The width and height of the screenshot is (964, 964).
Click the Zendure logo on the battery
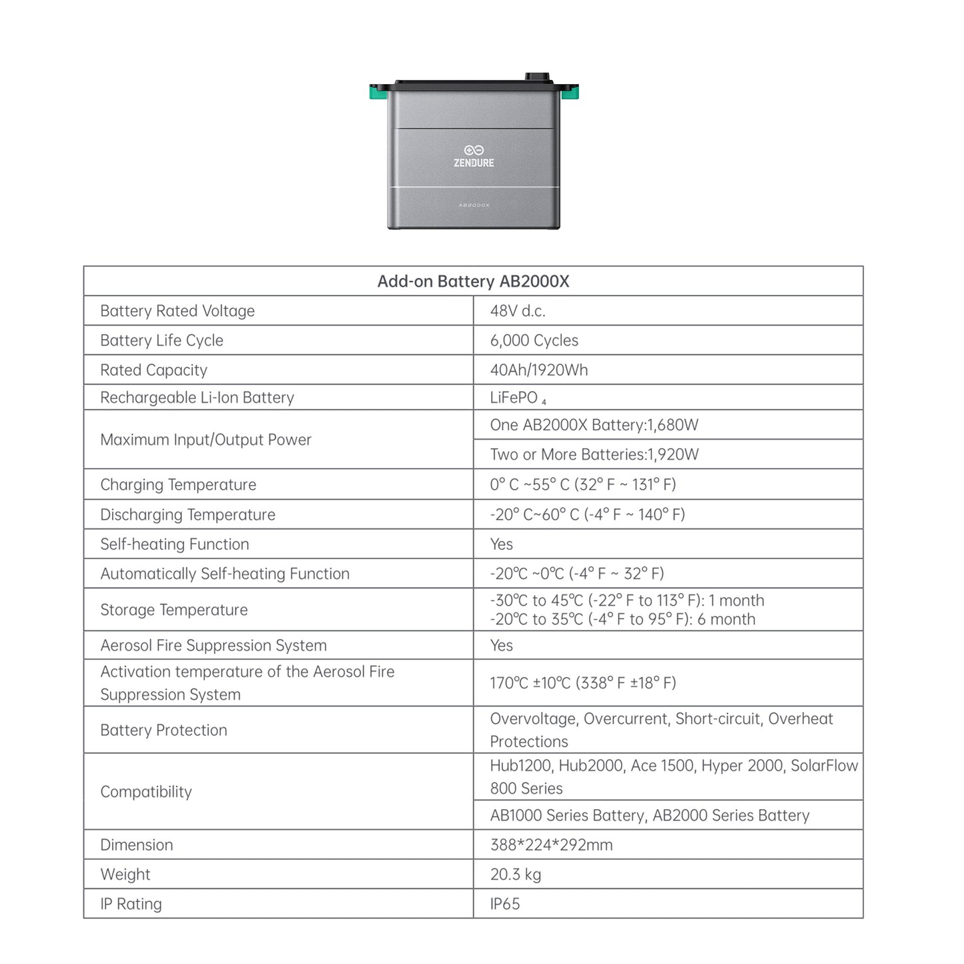tap(474, 156)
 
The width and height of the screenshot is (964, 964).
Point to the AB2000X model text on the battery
tap(474, 205)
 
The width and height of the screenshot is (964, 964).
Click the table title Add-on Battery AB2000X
tap(473, 282)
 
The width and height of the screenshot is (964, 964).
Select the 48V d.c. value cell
tap(518, 311)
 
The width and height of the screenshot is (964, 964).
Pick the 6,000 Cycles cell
tap(534, 340)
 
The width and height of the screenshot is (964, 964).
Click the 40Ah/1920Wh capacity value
tap(538, 370)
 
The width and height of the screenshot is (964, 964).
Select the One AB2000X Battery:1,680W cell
tap(594, 425)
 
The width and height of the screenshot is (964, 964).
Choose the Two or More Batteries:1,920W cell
tap(594, 454)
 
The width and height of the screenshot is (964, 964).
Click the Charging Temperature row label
tap(178, 485)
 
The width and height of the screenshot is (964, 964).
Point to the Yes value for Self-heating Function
tap(501, 544)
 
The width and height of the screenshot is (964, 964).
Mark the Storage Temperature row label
tap(173, 610)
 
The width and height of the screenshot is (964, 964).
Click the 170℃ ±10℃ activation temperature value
tap(582, 683)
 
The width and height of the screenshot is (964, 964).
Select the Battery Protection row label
tap(163, 731)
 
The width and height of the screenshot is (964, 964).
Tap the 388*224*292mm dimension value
tap(551, 845)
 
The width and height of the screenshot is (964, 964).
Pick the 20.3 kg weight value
tap(515, 875)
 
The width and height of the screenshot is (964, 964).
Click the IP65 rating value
tap(504, 904)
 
